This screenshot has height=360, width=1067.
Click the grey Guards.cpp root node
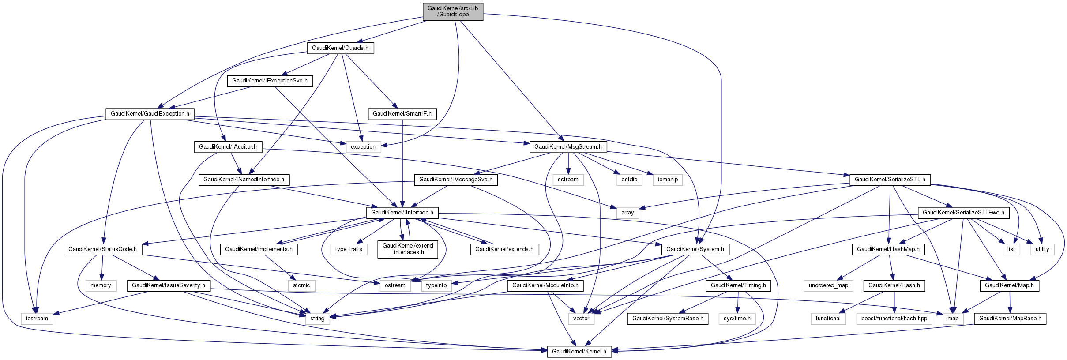coord(453,11)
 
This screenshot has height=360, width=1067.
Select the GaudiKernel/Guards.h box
coord(340,48)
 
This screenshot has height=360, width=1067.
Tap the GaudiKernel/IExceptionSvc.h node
coord(270,81)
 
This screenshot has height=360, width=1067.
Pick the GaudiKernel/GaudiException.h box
coord(150,114)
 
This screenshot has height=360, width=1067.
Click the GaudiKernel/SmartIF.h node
coord(402,114)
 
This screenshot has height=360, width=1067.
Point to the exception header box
coord(363,147)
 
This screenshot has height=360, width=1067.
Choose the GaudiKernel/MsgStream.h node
coord(568,147)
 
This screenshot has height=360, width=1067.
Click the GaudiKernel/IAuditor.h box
coord(228,147)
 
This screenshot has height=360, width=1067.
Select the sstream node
coord(568,180)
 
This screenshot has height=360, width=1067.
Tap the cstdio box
coord(629,180)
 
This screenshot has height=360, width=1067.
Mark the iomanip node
coord(668,180)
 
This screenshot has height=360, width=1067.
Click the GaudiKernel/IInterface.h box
coord(402,213)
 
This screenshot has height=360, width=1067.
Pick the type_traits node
coord(349,249)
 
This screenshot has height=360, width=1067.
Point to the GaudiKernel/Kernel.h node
coord(579,352)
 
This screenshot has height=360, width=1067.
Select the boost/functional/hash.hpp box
coord(894,319)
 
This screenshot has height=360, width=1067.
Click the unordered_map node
coord(828,285)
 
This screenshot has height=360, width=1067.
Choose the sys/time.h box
coord(737,319)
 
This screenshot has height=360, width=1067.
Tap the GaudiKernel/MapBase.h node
coord(1010,319)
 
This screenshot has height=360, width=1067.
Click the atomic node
coord(301,285)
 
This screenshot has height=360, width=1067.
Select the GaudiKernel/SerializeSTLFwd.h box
coord(963,213)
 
